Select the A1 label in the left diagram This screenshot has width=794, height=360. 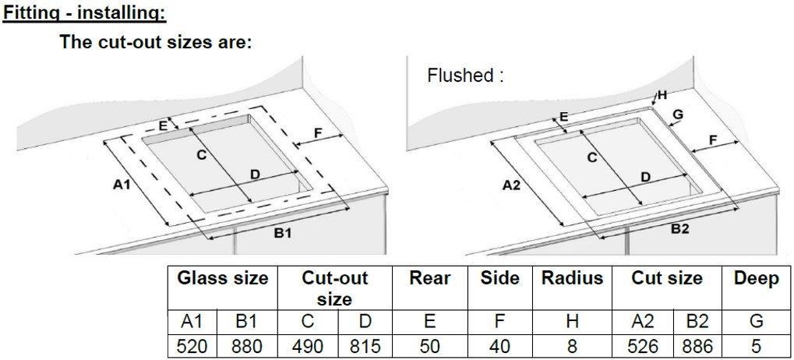pos(121,185)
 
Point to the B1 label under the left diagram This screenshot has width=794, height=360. pos(282,233)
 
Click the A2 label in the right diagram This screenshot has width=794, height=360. pos(510,185)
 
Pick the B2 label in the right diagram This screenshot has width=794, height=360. pos(679,229)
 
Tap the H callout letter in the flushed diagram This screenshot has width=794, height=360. pos(662,95)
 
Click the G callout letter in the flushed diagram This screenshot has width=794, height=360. pos(677,115)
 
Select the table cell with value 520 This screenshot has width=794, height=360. pos(192,345)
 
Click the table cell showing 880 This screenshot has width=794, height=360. pos(246,345)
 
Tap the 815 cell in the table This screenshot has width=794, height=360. pos(363,345)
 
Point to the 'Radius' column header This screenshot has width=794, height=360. pos(571,279)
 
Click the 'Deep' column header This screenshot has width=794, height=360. pos(756,279)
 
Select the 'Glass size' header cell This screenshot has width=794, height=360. pos(223,279)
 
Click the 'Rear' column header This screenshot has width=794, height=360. pos(430,279)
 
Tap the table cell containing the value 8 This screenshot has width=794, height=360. pos(572,345)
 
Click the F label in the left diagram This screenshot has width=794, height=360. pos(317,132)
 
